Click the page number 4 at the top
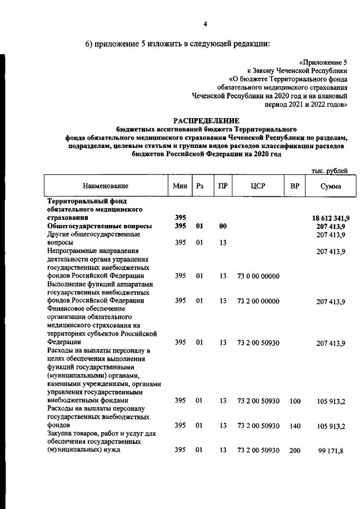tap(205, 24)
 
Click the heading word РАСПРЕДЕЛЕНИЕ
tap(206, 120)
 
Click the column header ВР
tap(294, 186)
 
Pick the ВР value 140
tap(295, 426)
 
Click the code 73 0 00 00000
tap(255, 276)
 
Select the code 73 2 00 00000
tap(255, 301)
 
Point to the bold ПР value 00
tap(223, 226)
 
